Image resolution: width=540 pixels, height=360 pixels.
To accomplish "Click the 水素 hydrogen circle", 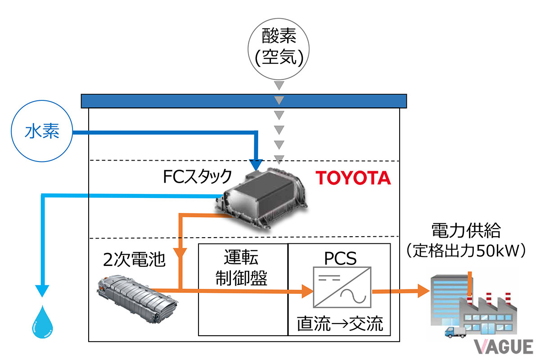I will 42,132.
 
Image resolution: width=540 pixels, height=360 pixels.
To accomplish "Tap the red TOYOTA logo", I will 353,178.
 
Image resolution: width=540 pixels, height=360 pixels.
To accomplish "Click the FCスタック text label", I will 198,175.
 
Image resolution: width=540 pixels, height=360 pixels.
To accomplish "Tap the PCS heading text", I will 340,259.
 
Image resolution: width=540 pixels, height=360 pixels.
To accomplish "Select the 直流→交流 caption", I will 340,323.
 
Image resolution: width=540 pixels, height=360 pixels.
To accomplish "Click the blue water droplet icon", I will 42,321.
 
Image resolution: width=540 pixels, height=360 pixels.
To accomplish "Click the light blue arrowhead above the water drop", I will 42,290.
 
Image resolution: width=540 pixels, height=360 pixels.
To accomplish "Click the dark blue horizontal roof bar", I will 243,101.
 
